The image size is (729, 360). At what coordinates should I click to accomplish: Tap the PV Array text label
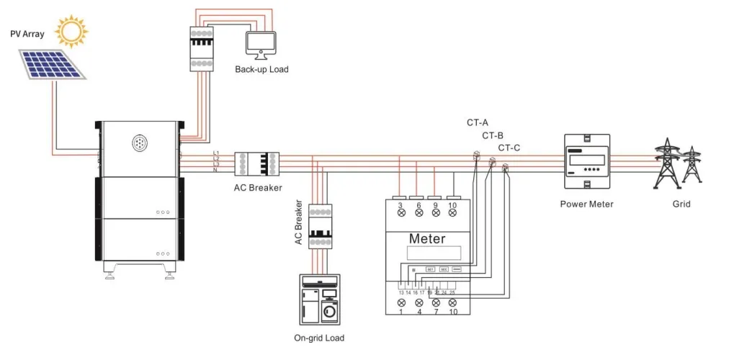pos(27,34)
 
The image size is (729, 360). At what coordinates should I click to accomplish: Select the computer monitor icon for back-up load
pos(261,44)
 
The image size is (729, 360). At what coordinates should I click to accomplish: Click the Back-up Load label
pos(261,69)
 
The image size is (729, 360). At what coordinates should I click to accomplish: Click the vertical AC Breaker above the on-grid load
pos(319,226)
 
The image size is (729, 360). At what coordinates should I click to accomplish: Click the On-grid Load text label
pos(319,338)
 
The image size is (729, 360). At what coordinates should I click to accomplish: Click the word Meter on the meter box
pos(427,238)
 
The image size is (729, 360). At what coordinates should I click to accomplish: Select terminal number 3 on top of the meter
pos(400,207)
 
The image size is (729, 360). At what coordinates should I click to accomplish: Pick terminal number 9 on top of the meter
pos(435,207)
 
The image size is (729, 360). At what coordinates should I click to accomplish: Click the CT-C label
pos(509,148)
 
